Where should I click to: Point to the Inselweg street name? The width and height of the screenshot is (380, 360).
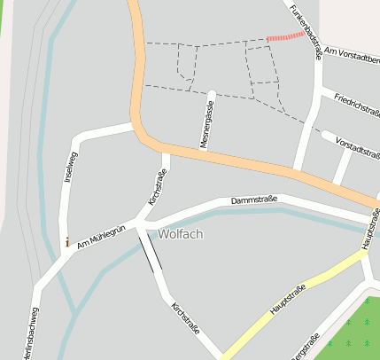click(x=72, y=167)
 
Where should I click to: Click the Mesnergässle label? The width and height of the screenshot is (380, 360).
click(x=206, y=125)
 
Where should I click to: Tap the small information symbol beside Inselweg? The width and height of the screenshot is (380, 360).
click(x=66, y=241)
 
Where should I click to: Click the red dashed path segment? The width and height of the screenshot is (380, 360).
click(x=285, y=37)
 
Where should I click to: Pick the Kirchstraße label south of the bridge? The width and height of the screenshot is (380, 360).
click(x=183, y=317)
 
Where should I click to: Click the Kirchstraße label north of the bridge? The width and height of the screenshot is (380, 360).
click(x=157, y=187)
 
